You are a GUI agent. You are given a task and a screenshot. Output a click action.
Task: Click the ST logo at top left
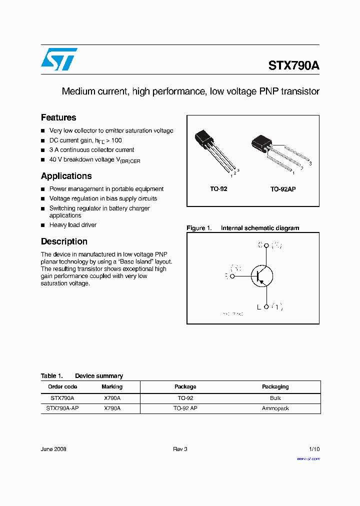point(59,59)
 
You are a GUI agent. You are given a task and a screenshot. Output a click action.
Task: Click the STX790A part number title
point(293,66)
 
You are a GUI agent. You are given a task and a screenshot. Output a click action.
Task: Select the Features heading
point(58,117)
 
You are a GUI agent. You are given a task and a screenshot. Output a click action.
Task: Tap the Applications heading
point(66,176)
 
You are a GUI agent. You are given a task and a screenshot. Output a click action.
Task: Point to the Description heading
point(64,241)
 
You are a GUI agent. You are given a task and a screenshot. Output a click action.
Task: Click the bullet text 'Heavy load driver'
point(73,225)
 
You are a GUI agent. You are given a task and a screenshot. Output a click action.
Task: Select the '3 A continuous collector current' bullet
point(91,150)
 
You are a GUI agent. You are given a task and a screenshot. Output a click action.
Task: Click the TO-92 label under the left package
point(218,189)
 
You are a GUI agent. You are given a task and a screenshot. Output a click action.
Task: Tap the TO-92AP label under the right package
point(283,189)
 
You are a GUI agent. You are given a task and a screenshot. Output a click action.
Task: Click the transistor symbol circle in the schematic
point(262,275)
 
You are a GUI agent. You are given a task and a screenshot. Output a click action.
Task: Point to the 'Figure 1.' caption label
point(199,228)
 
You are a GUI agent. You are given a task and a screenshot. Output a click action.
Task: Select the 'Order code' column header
point(62,386)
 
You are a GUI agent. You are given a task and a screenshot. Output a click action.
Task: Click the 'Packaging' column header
point(275,386)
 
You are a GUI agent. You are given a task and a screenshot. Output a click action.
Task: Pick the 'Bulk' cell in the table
point(275,398)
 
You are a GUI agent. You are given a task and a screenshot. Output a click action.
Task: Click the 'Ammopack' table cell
point(275,408)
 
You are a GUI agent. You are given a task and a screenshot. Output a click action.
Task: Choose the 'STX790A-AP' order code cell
point(62,408)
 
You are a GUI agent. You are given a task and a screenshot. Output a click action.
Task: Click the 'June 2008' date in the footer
point(53,449)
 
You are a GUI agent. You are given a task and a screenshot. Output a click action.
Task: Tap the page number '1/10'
point(314,449)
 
